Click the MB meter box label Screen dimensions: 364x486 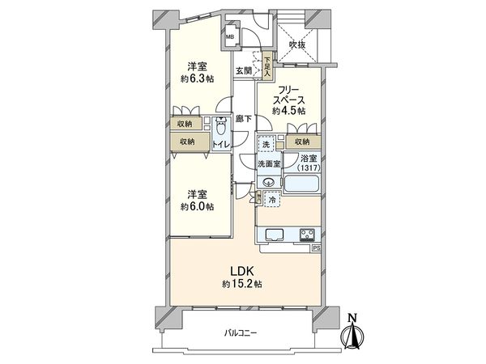point(230,36)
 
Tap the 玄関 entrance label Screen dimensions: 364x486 point(244,70)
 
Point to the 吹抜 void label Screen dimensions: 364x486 point(298,45)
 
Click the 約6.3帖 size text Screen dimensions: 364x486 point(197,79)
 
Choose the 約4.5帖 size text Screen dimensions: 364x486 point(289,111)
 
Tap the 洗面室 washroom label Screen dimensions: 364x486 point(269,164)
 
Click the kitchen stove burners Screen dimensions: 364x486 point(308,236)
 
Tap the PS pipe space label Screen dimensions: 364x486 point(316,248)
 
